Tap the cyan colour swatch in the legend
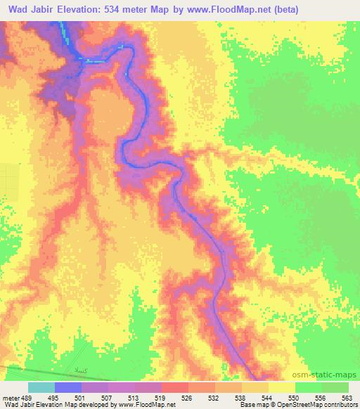click(41, 388)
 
